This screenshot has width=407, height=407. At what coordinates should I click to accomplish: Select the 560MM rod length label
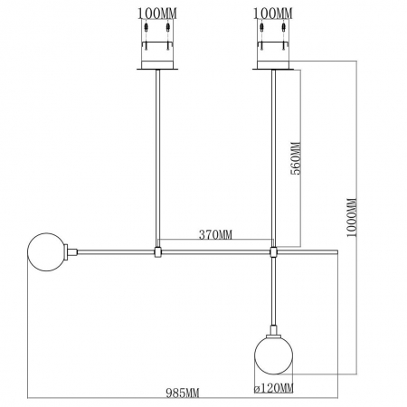294,160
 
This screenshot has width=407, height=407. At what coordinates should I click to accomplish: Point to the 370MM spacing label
215,235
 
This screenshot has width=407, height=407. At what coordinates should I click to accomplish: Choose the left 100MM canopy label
158,14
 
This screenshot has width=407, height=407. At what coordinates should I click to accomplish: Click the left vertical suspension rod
158,154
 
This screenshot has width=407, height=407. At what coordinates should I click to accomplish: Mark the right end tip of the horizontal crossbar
336,251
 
